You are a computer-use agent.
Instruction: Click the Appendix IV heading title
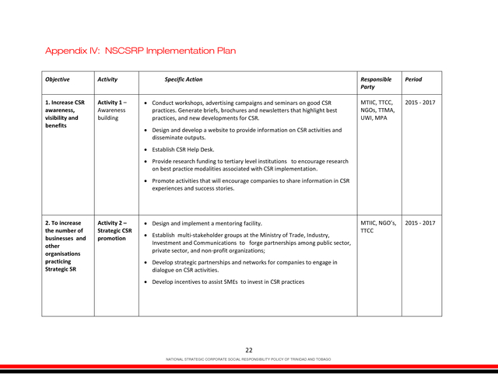point(140,51)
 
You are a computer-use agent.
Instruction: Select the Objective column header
point(58,79)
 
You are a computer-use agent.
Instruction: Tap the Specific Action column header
point(184,79)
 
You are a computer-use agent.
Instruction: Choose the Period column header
point(413,79)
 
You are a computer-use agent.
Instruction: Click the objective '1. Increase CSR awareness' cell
point(65,114)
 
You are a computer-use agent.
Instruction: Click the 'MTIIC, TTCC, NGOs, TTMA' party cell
point(378,110)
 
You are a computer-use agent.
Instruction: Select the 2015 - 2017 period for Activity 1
point(420,102)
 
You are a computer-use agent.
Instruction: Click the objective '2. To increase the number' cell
point(65,246)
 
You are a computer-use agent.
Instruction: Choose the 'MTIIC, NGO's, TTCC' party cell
point(378,227)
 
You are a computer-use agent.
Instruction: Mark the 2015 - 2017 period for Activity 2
point(420,223)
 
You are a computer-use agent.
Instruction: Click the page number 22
point(249,350)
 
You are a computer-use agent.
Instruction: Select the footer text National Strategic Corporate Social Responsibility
point(249,359)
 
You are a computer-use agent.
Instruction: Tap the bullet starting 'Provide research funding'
point(250,164)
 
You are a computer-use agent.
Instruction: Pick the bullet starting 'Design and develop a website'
point(247,134)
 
